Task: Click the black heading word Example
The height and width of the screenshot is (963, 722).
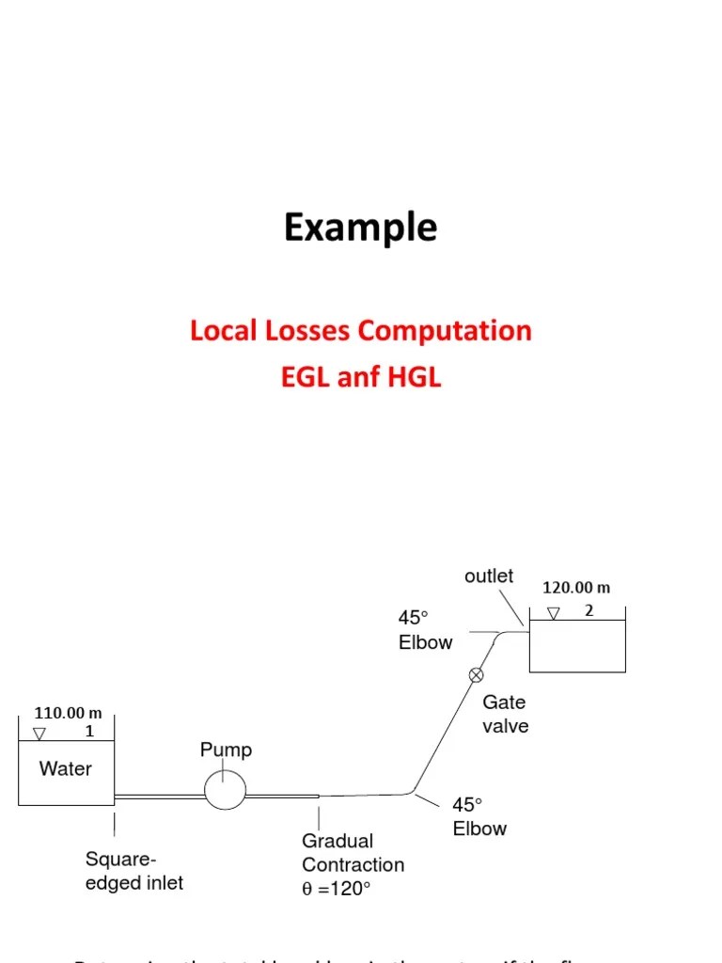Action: coord(361,229)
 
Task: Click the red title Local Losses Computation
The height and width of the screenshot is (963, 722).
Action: coord(361,331)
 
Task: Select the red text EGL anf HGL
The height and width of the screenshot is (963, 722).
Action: coord(361,378)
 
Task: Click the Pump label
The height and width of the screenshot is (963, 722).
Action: coord(226,750)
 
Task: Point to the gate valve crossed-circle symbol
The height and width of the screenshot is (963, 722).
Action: coord(476,674)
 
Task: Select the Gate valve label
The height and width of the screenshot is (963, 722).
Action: coord(505,714)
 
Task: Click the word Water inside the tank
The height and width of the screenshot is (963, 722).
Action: coord(66,768)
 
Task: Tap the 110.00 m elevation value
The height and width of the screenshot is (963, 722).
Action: coord(68,713)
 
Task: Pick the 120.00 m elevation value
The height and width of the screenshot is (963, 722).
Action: coord(576,588)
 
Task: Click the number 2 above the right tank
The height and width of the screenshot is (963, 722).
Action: coord(589,609)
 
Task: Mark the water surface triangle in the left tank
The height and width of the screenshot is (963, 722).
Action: coord(39,734)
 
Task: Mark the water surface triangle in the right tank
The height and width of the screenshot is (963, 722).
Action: coord(554,613)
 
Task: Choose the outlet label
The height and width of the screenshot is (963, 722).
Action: coord(489,576)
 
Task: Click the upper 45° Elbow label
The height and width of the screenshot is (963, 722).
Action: coord(425,630)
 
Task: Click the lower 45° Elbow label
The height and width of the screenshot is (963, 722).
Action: coord(479,816)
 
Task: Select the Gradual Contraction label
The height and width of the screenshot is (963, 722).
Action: coord(353,853)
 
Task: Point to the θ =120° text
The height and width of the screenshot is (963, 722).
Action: coord(337,889)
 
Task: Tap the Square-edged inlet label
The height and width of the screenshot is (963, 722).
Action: coord(134,871)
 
